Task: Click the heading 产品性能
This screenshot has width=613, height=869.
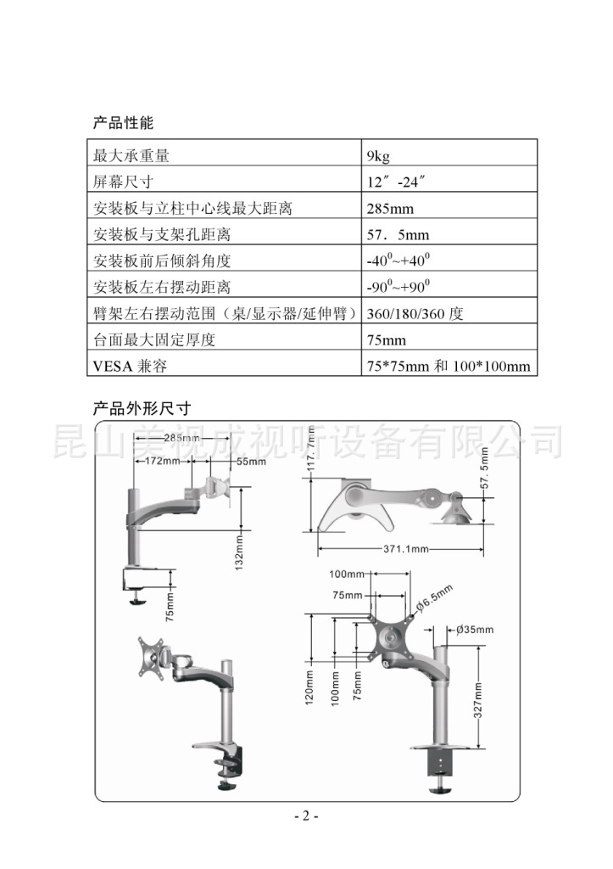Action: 123,123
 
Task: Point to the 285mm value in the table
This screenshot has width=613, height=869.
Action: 390,209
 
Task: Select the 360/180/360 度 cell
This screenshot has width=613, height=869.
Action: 415,314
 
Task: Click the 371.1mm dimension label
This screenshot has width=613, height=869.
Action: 405,549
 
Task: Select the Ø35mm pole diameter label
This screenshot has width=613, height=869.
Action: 474,630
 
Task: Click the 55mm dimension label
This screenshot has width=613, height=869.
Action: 251,462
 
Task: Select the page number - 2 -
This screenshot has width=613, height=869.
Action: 306,816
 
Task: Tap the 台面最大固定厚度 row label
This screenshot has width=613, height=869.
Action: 155,340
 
